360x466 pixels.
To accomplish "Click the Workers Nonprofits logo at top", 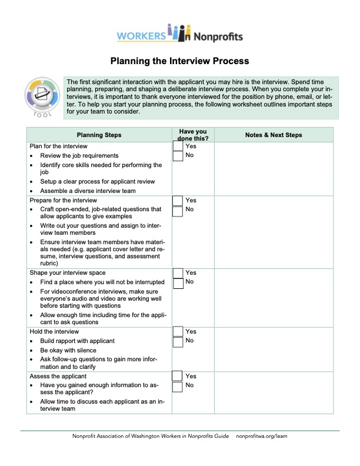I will click(x=179, y=34).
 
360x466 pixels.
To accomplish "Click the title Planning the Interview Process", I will click(x=179, y=61).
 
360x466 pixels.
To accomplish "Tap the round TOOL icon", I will click(x=41, y=97).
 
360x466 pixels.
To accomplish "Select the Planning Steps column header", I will click(x=99, y=135).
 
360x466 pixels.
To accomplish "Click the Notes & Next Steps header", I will click(x=273, y=135).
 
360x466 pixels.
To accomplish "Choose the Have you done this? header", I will click(x=193, y=135).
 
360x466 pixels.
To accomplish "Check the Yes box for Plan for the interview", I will click(x=178, y=146).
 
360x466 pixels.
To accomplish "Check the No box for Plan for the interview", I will click(x=178, y=156).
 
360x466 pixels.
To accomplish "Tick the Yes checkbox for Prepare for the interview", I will click(x=178, y=201).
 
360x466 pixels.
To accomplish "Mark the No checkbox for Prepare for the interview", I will click(x=178, y=210).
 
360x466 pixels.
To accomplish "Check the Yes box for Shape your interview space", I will click(x=178, y=273).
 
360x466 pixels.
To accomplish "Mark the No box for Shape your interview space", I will click(x=178, y=283).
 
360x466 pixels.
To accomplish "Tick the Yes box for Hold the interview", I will click(x=178, y=332).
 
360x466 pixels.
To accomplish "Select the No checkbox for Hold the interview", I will click(x=178, y=342).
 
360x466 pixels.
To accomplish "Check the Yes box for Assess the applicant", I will click(x=178, y=377).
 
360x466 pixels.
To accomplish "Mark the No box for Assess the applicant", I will click(x=178, y=387).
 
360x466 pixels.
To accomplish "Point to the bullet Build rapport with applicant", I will click(x=77, y=341).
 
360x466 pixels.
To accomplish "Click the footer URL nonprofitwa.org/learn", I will click(x=262, y=437).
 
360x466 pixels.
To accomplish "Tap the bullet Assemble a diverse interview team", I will click(x=88, y=191).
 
